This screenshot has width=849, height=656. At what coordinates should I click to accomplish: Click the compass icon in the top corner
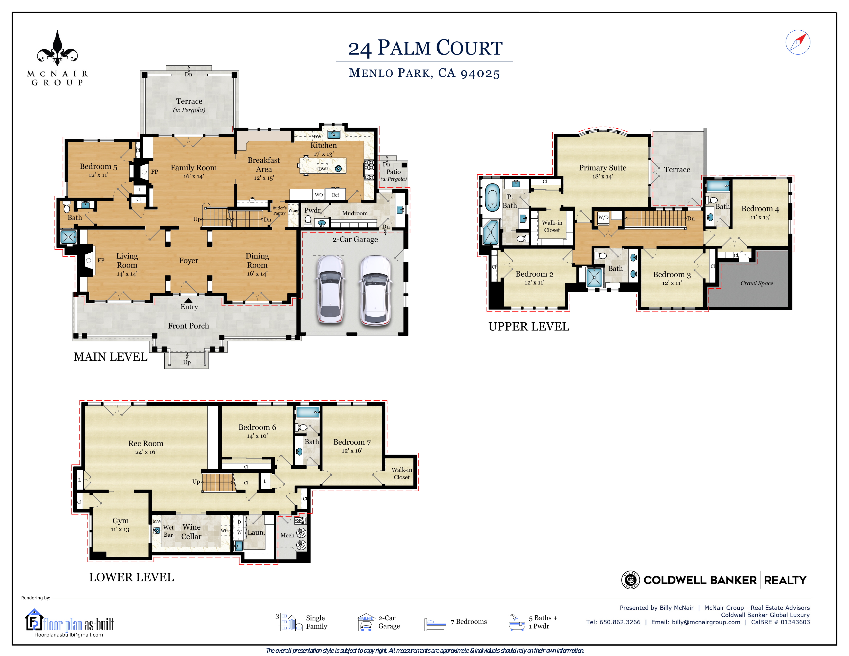pyautogui.click(x=798, y=42)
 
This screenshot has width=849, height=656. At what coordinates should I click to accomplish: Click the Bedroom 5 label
pyautogui.click(x=98, y=166)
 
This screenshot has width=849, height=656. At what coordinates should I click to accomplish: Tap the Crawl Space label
pyautogui.click(x=756, y=283)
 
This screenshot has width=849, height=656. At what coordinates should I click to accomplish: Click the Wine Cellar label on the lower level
pyautogui.click(x=192, y=532)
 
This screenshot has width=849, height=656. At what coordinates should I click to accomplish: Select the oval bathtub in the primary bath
pyautogui.click(x=492, y=197)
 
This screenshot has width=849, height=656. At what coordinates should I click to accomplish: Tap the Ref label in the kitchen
pyautogui.click(x=335, y=195)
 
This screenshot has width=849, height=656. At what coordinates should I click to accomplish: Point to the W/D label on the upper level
pyautogui.click(x=603, y=217)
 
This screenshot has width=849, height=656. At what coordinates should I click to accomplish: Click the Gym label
pyautogui.click(x=120, y=520)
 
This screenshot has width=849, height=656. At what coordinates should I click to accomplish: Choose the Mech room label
pyautogui.click(x=287, y=535)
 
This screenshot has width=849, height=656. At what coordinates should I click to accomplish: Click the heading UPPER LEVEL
pyautogui.click(x=529, y=326)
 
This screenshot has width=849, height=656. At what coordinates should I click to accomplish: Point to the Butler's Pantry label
pyautogui.click(x=279, y=210)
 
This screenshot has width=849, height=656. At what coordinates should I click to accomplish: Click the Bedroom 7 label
pyautogui.click(x=352, y=442)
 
